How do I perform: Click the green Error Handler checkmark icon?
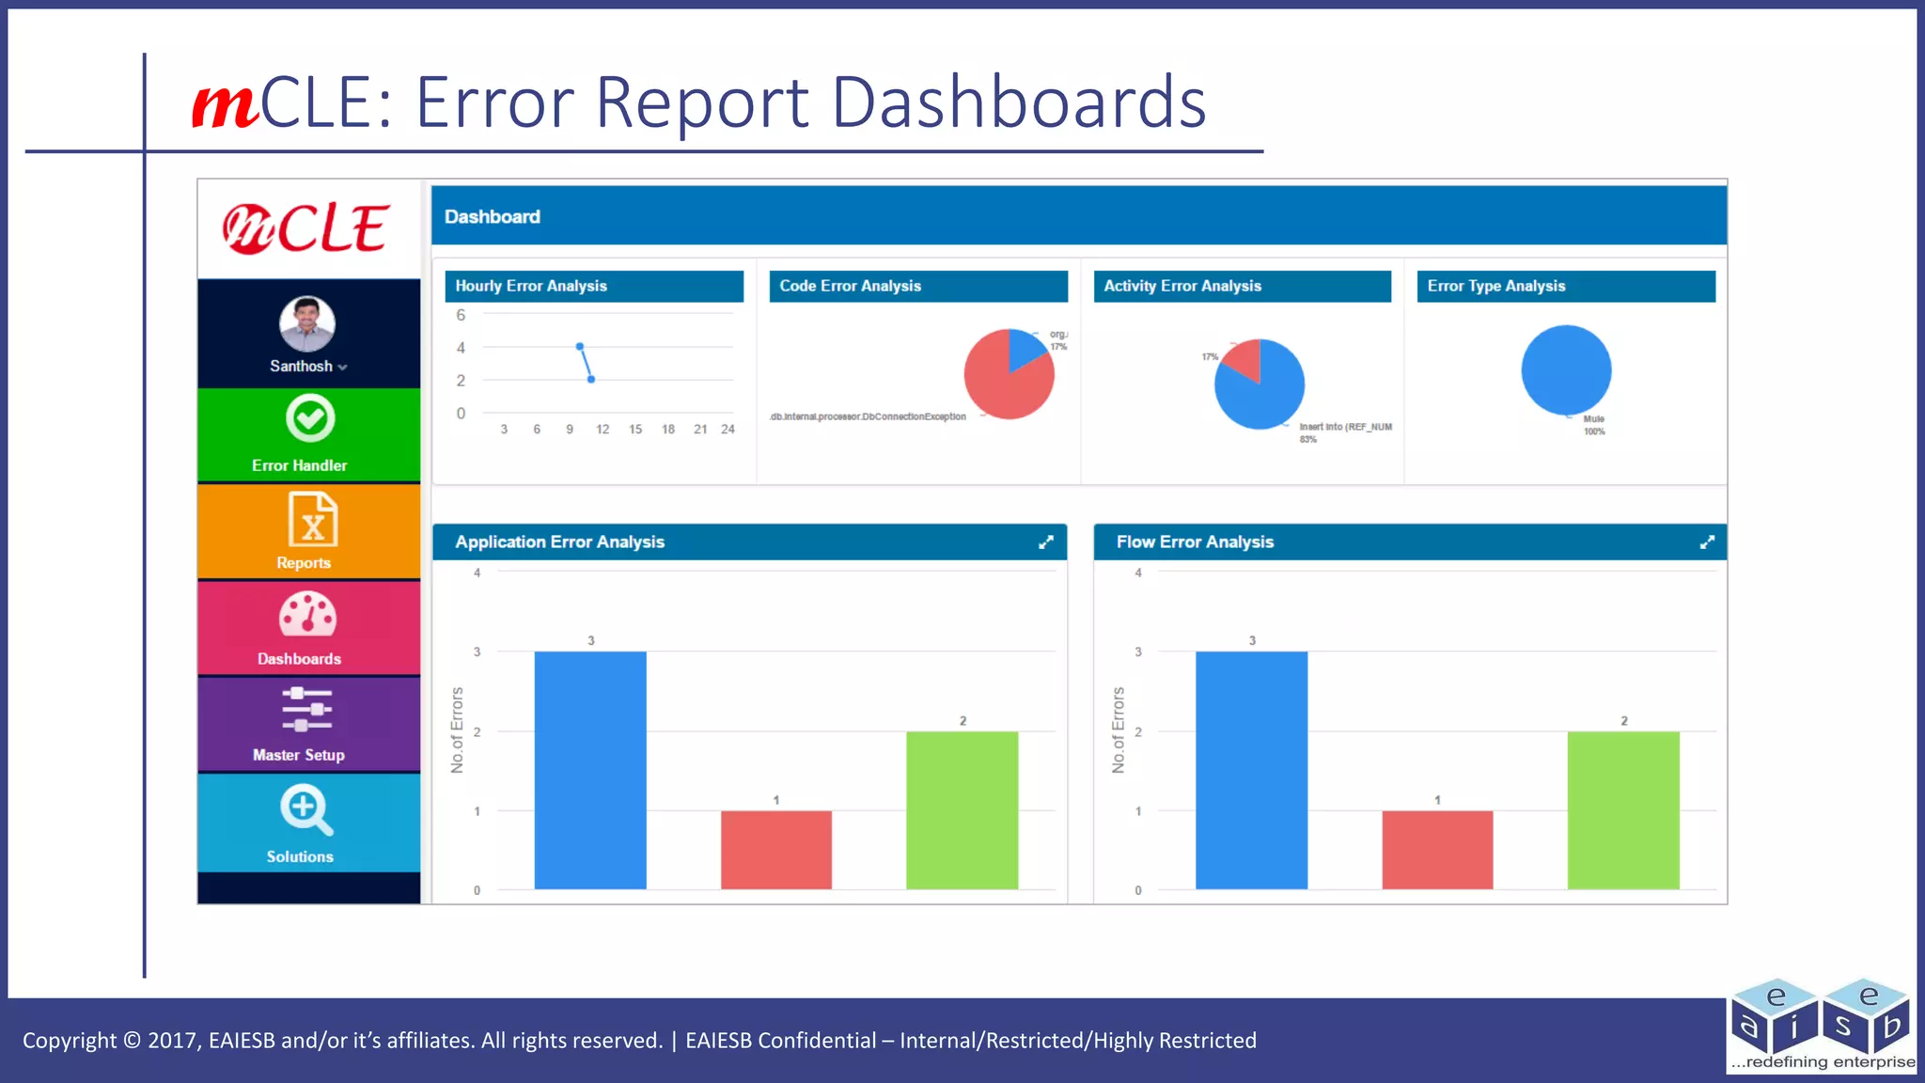pos(310,418)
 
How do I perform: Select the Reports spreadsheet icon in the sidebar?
pos(312,520)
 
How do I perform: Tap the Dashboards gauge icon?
pos(307,615)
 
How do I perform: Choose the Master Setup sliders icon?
pos(307,709)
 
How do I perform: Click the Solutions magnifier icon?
pos(305,809)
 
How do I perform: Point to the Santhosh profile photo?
pos(307,324)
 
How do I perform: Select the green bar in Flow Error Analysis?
pos(1623,809)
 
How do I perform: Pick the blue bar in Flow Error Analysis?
pos(1251,770)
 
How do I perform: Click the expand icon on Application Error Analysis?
pos(1046,542)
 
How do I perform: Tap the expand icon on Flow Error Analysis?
pos(1707,542)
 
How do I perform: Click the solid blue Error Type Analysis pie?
pos(1566,370)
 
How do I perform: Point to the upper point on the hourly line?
pos(580,347)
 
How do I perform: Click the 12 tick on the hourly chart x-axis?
pos(603,430)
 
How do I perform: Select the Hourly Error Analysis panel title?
pos(531,286)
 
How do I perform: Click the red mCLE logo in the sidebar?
pos(306,228)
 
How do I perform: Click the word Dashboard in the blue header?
pos(493,217)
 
